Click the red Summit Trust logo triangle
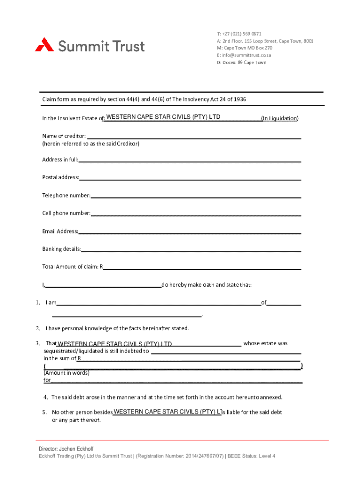point(44,44)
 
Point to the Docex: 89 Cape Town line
point(241,62)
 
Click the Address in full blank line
point(189,160)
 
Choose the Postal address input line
point(190,177)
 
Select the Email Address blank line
point(189,231)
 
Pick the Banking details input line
point(191,248)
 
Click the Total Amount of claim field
point(202,267)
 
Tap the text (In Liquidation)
point(280,118)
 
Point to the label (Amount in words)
point(66,373)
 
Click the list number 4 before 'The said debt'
point(46,398)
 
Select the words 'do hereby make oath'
point(189,285)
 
